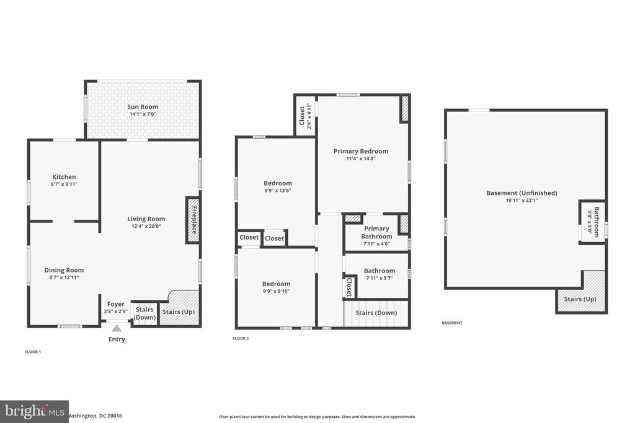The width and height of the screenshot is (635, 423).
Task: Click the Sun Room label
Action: coord(143,107)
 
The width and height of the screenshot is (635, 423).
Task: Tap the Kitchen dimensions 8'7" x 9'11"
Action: coord(64,184)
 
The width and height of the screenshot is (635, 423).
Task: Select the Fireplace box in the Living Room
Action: coord(193,220)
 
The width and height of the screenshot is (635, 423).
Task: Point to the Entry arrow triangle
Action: coord(117,328)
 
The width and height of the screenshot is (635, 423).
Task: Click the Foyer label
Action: coord(116,304)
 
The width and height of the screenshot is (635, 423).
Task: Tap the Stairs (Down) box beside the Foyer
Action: coord(144,313)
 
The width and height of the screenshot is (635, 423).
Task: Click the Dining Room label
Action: coord(64,270)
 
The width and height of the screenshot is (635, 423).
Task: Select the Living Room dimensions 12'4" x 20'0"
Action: coord(146,226)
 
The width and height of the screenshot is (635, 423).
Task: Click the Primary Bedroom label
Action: coord(361,151)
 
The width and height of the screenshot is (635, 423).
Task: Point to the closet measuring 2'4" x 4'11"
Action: coord(305,116)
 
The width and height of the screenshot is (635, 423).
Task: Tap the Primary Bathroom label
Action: coord(376,232)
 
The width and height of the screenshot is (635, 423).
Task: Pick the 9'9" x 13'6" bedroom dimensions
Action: coord(278,191)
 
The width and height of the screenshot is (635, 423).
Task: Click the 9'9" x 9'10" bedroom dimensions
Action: coord(276,291)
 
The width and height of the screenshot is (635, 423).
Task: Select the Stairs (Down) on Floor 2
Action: coord(376,313)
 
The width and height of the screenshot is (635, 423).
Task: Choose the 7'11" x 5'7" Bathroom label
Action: coord(380,271)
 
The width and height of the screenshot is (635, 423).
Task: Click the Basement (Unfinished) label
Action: coord(522,193)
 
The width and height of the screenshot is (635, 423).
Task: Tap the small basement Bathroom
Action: coord(592,222)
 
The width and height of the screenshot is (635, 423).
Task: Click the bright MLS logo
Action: coord(34,412)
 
